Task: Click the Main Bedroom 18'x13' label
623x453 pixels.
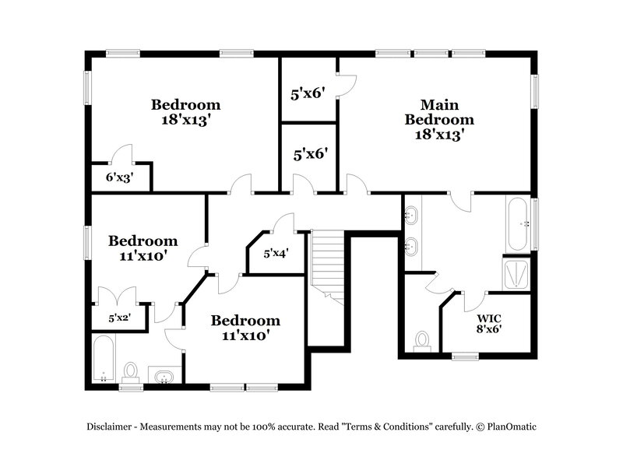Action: (439, 119)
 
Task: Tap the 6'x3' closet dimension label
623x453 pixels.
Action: (119, 177)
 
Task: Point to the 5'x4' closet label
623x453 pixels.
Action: (276, 253)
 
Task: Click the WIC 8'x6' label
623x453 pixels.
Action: (490, 323)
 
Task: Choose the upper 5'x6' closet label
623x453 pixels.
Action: (308, 95)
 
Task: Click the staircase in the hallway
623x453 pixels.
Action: (328, 261)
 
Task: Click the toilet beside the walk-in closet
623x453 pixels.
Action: (423, 341)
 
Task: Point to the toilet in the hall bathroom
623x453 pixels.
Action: (131, 371)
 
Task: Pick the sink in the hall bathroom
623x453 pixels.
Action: (164, 377)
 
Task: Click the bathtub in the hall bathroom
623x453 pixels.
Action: (104, 360)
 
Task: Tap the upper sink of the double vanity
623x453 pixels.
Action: (412, 212)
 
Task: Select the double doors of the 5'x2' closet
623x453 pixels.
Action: (114, 296)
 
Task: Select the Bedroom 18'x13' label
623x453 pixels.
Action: (185, 112)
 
